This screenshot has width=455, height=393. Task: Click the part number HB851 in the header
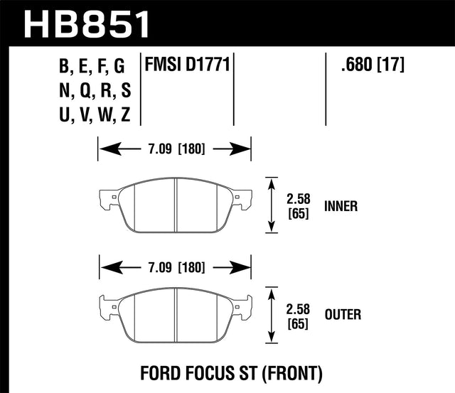click(88, 23)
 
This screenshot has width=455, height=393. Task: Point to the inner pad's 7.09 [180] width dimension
click(175, 149)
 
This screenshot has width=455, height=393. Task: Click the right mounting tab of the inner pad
click(244, 198)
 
